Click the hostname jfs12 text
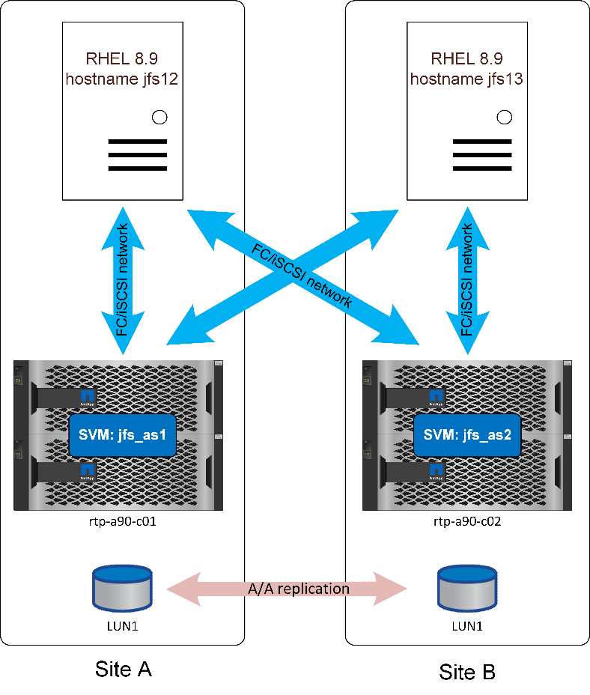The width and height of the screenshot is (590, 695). tap(123, 79)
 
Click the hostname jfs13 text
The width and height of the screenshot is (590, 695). tap(467, 79)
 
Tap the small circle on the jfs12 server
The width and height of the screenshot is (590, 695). tap(159, 117)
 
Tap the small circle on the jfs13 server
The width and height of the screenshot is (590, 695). tap(505, 117)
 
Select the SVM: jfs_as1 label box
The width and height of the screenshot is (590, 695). tap(123, 434)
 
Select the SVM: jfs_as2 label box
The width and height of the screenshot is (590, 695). tap(467, 434)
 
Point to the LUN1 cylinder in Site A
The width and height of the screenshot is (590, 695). tap(122, 589)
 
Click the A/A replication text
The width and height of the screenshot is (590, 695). tap(298, 589)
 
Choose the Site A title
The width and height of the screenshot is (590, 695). tap(124, 669)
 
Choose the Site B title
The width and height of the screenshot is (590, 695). tap(467, 672)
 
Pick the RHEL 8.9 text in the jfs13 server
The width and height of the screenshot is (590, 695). tap(467, 58)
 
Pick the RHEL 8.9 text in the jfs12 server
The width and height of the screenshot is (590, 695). tap(123, 58)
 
